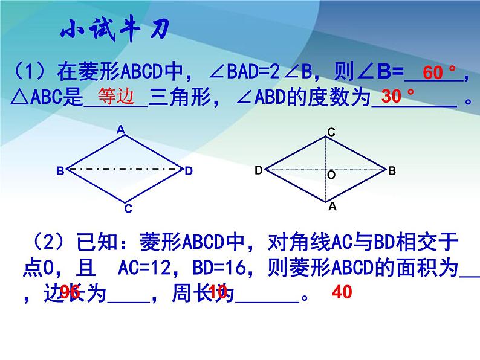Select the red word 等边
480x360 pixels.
[x=114, y=97]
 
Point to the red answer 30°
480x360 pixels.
[x=398, y=96]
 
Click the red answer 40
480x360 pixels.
[x=342, y=293]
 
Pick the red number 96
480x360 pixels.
[x=70, y=293]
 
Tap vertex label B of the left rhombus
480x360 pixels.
[x=60, y=172]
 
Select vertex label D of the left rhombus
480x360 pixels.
[x=189, y=172]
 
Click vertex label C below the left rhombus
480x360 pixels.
[x=128, y=209]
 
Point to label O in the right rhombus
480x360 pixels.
[x=331, y=175]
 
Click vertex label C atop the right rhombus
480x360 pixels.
[x=331, y=132]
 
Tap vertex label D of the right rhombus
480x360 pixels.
[x=258, y=171]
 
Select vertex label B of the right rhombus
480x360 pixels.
[x=392, y=171]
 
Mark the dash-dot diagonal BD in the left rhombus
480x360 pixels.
[x=125, y=169]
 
